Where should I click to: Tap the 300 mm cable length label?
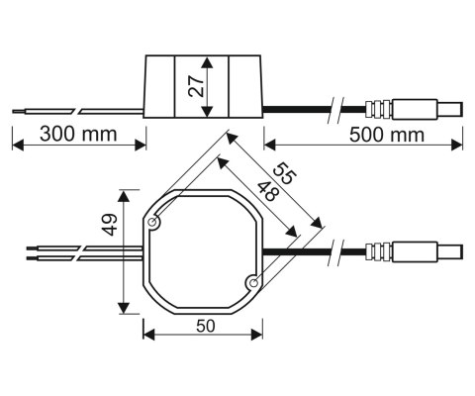coord(76,133)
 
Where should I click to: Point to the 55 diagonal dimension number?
coord(285,173)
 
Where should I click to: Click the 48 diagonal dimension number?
coord(265,192)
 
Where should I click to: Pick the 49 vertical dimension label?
coord(110,231)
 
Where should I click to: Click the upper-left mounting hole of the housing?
coord(155,225)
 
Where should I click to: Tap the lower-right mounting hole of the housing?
coord(252,284)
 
